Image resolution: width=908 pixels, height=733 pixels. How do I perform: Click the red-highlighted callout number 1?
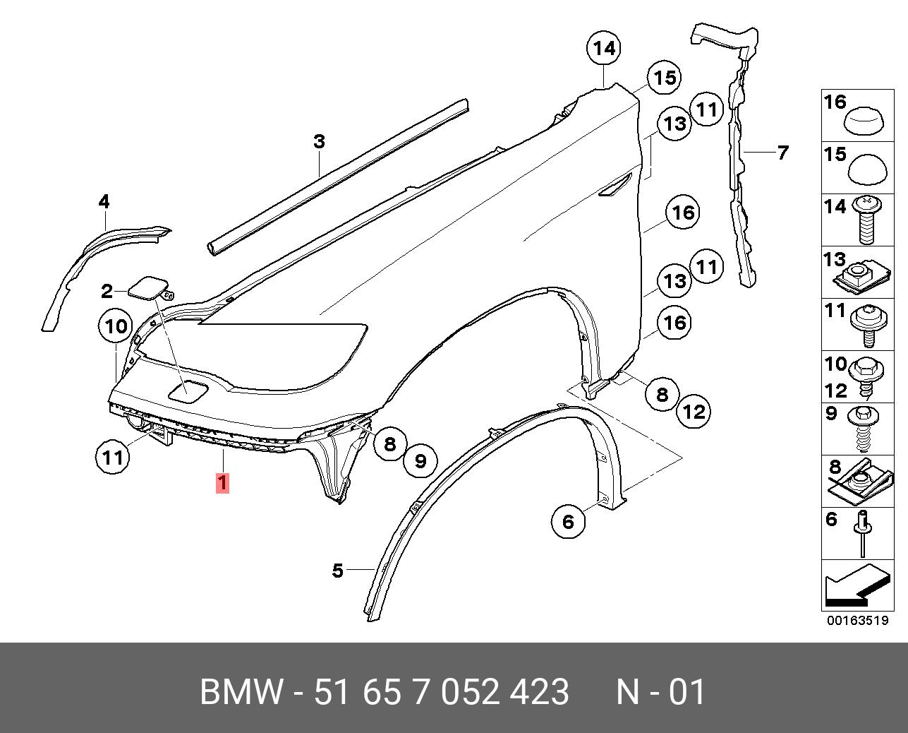click(222, 484)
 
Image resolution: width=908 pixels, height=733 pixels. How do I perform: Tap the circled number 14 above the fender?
click(604, 49)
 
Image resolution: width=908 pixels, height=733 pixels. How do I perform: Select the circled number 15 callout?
click(665, 78)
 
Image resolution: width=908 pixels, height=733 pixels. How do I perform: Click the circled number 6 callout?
click(569, 521)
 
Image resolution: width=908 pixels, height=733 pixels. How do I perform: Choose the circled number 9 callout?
click(420, 461)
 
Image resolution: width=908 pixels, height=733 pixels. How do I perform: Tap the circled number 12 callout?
click(694, 412)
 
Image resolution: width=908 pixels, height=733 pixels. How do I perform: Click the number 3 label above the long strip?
click(319, 142)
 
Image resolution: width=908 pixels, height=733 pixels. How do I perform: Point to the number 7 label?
click(782, 152)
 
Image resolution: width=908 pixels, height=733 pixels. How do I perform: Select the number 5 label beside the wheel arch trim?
click(338, 570)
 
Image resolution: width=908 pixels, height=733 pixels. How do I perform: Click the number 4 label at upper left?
click(104, 202)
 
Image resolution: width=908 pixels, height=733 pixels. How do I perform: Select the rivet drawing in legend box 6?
click(864, 533)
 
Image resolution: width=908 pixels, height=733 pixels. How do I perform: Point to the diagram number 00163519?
click(857, 621)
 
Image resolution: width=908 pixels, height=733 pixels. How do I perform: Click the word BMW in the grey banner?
click(242, 692)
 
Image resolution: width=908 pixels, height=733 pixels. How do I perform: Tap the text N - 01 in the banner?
click(660, 692)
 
